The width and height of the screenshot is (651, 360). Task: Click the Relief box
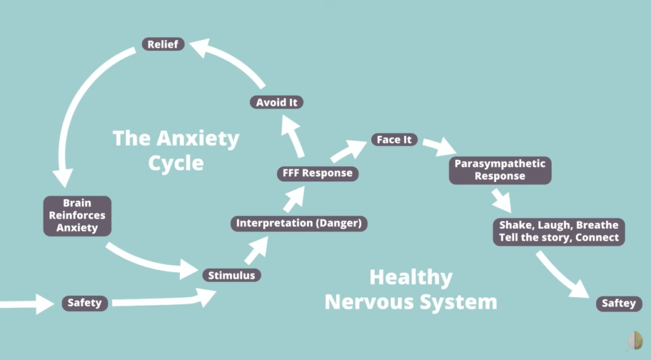coord(163,45)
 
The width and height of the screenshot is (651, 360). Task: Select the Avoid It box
coord(276,102)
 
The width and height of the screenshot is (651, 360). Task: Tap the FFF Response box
coord(317,173)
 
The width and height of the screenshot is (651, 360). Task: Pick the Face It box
coord(394,139)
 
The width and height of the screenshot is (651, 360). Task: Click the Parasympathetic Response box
coord(500,170)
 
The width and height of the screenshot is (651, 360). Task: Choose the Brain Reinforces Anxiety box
coord(77,216)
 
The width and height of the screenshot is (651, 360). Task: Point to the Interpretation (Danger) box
coord(299,223)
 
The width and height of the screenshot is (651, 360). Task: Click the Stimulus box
coord(231,275)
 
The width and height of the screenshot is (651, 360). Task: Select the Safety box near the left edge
coord(85,303)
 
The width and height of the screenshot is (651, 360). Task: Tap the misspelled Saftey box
coord(619,303)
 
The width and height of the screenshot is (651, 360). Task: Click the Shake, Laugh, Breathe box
coord(559,232)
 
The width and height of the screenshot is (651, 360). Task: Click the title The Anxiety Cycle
coord(176,150)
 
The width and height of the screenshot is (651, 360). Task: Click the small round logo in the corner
coord(634,342)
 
